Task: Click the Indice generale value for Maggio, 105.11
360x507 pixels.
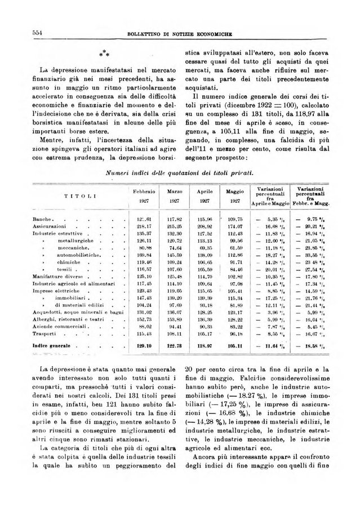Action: coord(234,345)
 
